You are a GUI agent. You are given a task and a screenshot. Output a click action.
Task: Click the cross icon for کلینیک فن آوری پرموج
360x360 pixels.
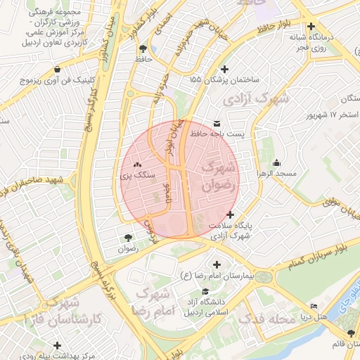[x=57, y=70]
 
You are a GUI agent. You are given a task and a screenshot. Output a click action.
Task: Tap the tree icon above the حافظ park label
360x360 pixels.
[x=144, y=49]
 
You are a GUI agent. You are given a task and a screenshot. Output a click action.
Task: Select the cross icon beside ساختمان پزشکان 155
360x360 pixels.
[x=224, y=69]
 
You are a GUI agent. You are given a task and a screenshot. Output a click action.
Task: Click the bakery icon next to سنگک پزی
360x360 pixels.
[x=137, y=164]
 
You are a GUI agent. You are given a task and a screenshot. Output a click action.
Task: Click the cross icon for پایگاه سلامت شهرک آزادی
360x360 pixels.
[x=231, y=215]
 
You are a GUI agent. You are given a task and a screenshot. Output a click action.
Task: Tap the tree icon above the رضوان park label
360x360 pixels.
[x=127, y=238]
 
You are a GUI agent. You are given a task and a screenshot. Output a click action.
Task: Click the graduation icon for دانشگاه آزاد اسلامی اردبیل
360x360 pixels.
[x=205, y=292]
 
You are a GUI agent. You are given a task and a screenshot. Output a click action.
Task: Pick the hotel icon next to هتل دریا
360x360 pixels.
[x=314, y=307]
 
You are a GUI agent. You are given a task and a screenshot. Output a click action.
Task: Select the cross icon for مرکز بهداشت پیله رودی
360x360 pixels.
[x=58, y=345]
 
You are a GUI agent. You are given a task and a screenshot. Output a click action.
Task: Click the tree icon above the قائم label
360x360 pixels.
[x=351, y=332]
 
